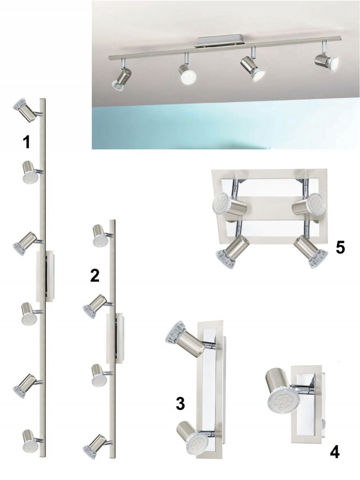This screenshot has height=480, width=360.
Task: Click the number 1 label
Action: click(27, 142)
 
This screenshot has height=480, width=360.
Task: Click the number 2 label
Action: click(95, 275)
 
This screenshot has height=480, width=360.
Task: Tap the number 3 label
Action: click(180, 404)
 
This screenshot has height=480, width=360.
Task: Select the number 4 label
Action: click(335, 452)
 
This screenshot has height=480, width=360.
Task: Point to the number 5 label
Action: click(340, 247)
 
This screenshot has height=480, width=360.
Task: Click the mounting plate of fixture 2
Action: click(115, 338)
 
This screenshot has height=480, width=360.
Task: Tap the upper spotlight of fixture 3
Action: click(185, 339)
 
